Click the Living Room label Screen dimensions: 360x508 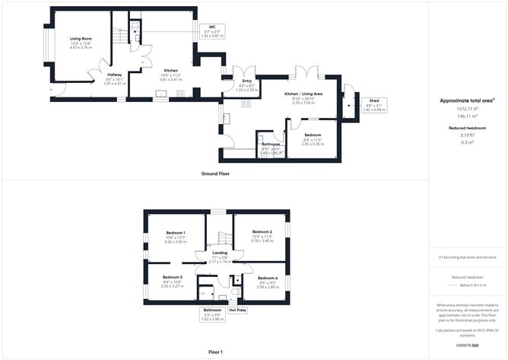click(x=81, y=38)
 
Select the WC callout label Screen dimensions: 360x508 click(x=213, y=28)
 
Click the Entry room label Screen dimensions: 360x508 click(x=247, y=80)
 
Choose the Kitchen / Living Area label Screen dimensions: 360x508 click(x=303, y=94)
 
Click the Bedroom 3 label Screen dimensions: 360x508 click(x=172, y=277)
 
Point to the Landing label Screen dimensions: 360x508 click(x=219, y=252)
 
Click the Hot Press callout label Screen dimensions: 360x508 click(x=238, y=310)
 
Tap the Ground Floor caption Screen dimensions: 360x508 click(x=216, y=174)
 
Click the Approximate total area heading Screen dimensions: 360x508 click(x=466, y=100)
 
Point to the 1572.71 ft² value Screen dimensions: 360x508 click(x=467, y=110)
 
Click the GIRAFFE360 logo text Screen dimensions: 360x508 click(x=467, y=345)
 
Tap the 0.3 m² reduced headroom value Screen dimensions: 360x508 click(x=467, y=142)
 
